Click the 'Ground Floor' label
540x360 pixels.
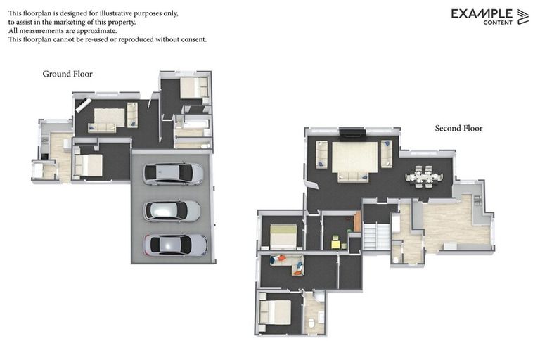(67, 74)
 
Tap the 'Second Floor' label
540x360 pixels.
(458, 129)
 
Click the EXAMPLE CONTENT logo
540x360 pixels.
(489, 16)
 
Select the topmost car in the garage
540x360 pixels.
(173, 174)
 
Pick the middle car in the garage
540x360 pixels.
(172, 210)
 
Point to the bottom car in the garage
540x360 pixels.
(175, 245)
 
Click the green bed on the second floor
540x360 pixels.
(284, 236)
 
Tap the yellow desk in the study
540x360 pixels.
(335, 244)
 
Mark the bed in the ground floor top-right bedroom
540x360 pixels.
(191, 88)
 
